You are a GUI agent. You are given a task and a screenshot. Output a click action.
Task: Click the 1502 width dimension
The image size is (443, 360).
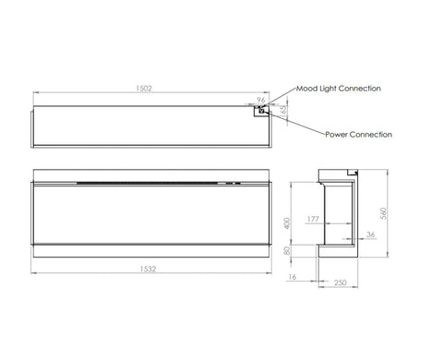144,89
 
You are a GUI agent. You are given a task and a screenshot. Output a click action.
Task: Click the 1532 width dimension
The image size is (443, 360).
148,269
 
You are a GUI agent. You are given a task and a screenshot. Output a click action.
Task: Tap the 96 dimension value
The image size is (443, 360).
261,100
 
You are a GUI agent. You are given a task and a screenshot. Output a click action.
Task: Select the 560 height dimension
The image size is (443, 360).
383,213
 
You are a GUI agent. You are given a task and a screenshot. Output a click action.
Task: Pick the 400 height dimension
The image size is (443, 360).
287,223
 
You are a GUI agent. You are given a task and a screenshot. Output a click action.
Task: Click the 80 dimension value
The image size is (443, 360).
287,251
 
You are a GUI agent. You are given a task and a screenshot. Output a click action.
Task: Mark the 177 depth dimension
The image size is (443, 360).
313,219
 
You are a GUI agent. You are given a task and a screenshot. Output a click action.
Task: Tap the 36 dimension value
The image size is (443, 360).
371,234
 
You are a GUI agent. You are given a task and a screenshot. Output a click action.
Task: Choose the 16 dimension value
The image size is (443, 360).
292,277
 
